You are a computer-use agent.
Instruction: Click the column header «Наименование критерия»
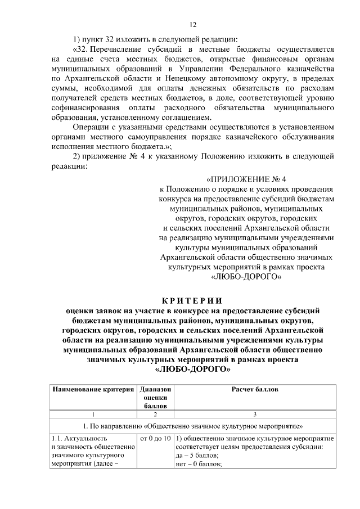click(x=93, y=390)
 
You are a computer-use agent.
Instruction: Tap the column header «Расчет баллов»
click(x=255, y=390)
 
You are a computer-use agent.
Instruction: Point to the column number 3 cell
click(x=255, y=415)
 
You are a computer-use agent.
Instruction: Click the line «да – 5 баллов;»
click(x=198, y=456)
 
